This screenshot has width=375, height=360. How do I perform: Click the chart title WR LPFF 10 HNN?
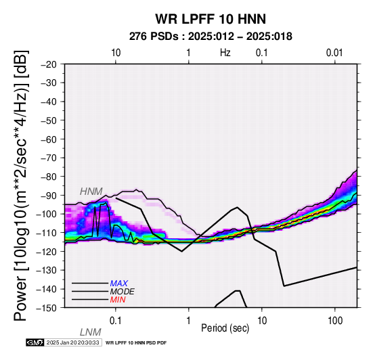[211, 19]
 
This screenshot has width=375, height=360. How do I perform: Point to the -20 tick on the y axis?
[49, 64]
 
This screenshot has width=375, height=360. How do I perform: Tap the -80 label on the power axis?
[49, 177]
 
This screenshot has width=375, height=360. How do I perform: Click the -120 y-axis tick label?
[47, 252]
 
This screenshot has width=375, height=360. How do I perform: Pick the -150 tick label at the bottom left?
[47, 308]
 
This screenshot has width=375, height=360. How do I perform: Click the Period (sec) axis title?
[225, 328]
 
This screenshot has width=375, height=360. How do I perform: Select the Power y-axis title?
[21, 186]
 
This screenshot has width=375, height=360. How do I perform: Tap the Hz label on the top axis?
[225, 53]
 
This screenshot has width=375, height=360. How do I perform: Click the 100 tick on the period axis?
[335, 321]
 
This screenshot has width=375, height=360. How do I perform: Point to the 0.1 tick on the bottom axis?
[116, 321]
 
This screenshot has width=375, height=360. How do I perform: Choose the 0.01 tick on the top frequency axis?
[334, 53]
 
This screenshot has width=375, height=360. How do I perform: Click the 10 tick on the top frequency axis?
[116, 53]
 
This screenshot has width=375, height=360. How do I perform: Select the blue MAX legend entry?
[119, 284]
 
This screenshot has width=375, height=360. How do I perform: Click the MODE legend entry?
[123, 292]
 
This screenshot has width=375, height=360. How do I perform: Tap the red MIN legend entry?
[118, 300]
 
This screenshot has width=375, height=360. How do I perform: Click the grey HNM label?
[91, 192]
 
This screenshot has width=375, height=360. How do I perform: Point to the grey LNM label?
[91, 332]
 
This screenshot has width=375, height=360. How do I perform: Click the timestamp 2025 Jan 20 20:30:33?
[72, 342]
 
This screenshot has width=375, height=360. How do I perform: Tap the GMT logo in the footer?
[35, 342]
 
